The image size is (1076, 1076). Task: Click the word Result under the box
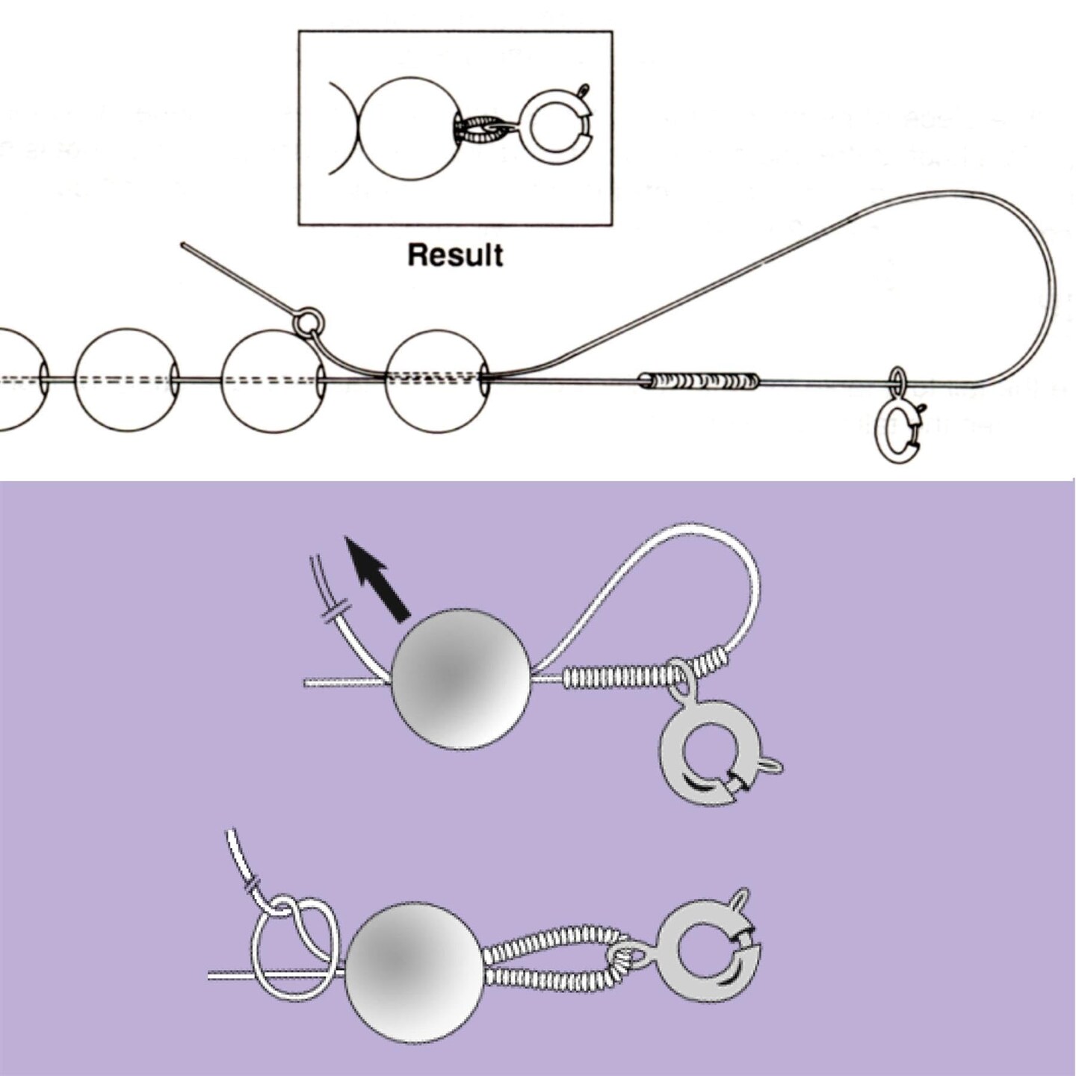tap(455, 255)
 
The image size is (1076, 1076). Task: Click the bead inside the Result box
tap(409, 128)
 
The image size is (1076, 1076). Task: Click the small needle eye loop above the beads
tap(308, 323)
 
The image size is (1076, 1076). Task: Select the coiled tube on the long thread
tap(699, 381)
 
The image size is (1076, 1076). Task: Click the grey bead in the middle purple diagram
tap(460, 679)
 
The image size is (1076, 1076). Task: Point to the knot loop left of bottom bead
tap(295, 949)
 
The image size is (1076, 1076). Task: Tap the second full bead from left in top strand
tap(128, 380)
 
